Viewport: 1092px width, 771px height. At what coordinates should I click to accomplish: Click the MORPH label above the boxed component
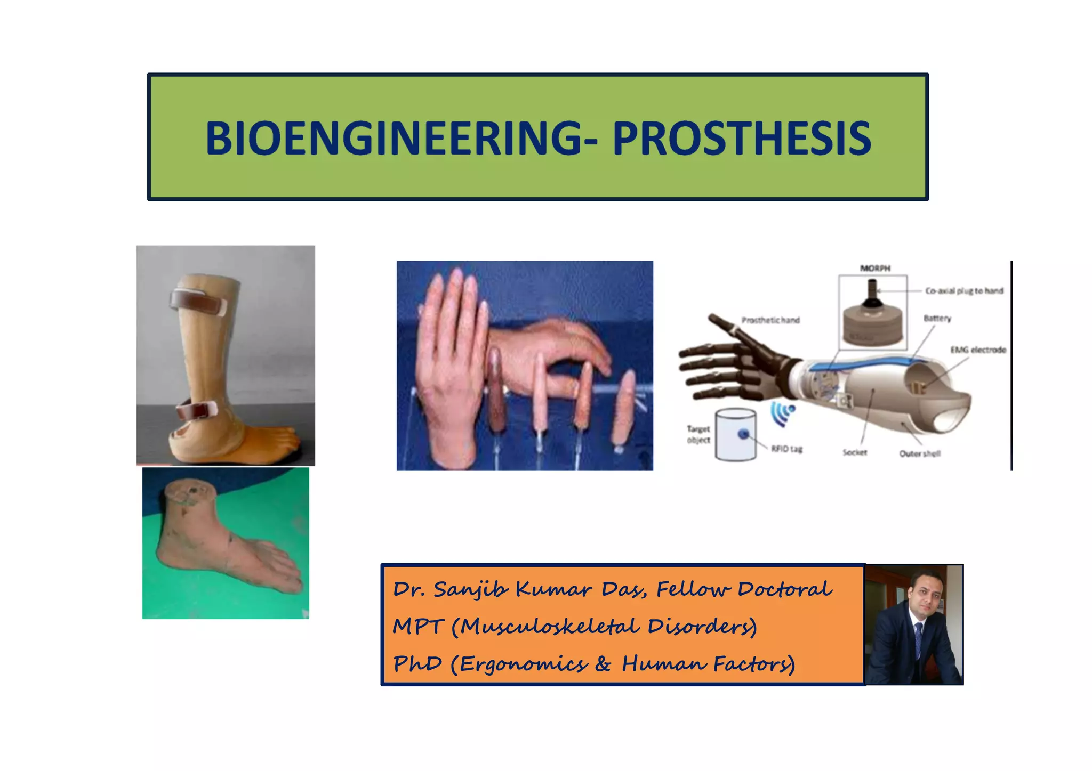click(875, 268)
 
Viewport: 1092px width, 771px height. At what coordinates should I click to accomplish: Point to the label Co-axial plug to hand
click(964, 291)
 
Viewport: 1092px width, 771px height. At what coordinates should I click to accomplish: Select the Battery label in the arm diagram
click(937, 318)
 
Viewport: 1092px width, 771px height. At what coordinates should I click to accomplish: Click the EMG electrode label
click(978, 350)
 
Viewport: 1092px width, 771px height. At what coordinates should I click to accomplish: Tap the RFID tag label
click(786, 449)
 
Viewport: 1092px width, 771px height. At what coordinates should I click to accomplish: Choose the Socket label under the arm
click(855, 452)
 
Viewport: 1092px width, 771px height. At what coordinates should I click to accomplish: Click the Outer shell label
click(920, 453)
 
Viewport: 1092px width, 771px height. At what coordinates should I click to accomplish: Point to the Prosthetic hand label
click(770, 320)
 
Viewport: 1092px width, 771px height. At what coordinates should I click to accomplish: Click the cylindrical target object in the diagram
click(735, 434)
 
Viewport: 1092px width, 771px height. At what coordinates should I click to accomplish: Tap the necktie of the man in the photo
click(919, 639)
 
